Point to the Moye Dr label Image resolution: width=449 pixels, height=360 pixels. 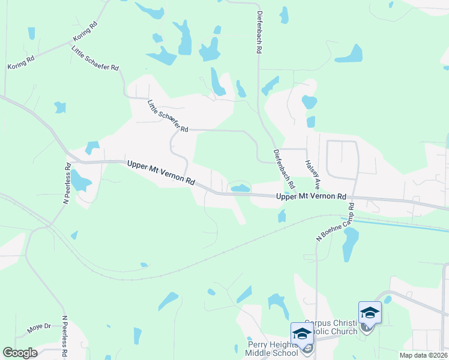[x=40, y=328]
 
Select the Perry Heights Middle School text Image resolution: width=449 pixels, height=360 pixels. [x=273, y=349]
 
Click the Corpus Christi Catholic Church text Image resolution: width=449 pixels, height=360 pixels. [x=331, y=326]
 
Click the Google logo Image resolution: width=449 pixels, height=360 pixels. [x=20, y=353]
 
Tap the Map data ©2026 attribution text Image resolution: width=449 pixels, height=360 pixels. [x=423, y=355]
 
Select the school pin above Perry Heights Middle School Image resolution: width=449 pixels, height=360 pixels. [x=301, y=334]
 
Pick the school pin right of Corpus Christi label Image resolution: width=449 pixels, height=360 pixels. [x=370, y=313]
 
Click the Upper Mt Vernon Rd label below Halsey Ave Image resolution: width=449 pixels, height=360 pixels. [x=312, y=196]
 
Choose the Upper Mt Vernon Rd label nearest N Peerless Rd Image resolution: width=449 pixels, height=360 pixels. [x=161, y=172]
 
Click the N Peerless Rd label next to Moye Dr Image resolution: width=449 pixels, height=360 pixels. [x=65, y=336]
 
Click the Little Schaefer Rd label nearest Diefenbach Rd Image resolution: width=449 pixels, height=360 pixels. [x=168, y=116]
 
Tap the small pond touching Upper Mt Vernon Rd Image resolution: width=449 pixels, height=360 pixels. [x=240, y=188]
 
